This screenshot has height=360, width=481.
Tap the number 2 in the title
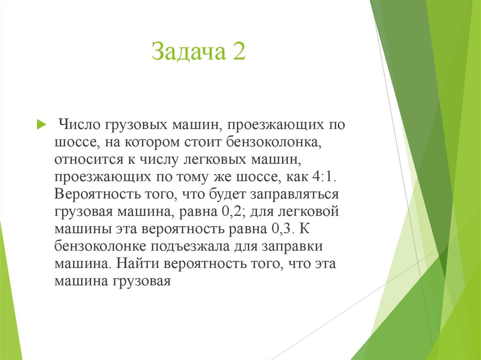point(238,51)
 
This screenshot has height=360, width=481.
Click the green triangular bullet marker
point(41,125)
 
